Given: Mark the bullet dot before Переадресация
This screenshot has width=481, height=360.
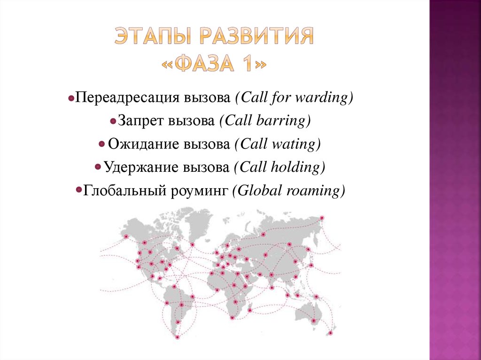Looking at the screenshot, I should coord(70,100).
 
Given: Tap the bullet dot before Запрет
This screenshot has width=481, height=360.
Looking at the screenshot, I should coord(113,122).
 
